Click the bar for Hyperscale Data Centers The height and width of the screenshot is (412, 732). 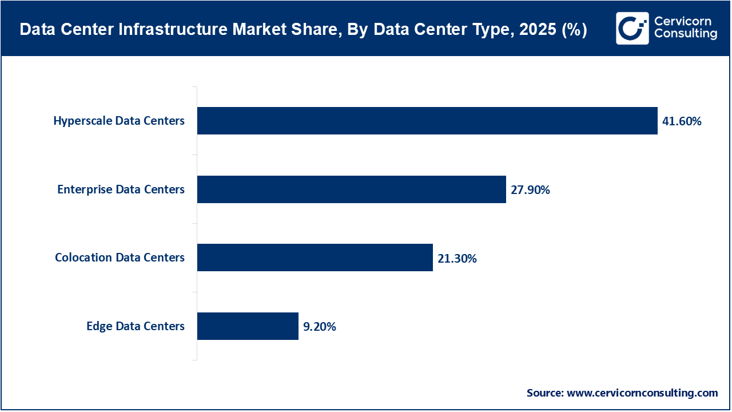427,121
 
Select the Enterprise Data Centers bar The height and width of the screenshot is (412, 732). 352,189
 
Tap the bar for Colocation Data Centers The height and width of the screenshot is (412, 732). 315,257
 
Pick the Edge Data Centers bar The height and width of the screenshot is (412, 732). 248,326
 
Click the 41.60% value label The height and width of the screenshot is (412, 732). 682,121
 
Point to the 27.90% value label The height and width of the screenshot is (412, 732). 530,190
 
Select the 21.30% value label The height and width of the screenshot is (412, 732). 457,259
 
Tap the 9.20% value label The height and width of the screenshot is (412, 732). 320,327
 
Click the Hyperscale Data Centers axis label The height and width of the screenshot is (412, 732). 119,121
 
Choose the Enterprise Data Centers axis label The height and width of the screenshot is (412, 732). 121,189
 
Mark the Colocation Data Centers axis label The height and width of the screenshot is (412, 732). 120,257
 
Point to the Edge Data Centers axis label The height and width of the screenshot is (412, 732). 136,326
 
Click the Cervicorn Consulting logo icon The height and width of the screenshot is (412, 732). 632,28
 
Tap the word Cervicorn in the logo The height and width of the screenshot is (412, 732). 682,21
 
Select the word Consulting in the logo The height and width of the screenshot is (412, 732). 685,34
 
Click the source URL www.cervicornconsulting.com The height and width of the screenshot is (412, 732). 642,393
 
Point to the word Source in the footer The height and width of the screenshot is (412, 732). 544,393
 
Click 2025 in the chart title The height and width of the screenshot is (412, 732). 539,30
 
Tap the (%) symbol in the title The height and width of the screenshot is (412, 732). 574,30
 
